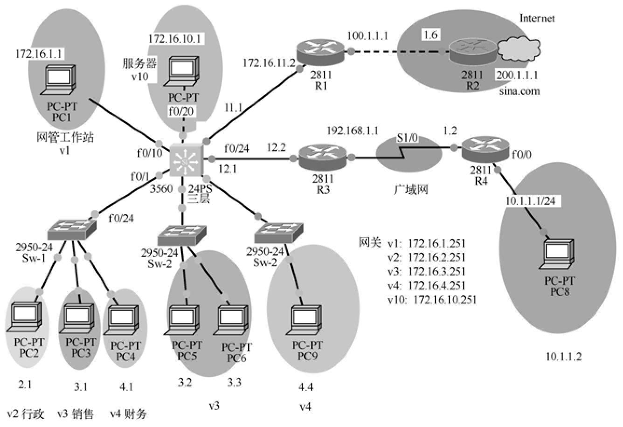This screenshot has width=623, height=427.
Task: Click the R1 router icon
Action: click(x=321, y=51)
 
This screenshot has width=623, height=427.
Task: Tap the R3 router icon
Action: click(x=322, y=157)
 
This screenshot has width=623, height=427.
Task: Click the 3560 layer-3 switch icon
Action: click(x=186, y=160)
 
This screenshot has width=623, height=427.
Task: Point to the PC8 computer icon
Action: click(x=560, y=255)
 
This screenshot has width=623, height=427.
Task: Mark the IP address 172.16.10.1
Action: click(x=175, y=38)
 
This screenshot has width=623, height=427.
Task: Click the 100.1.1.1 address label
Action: click(x=367, y=36)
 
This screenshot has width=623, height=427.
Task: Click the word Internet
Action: click(x=537, y=19)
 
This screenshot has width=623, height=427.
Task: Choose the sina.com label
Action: click(x=519, y=91)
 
